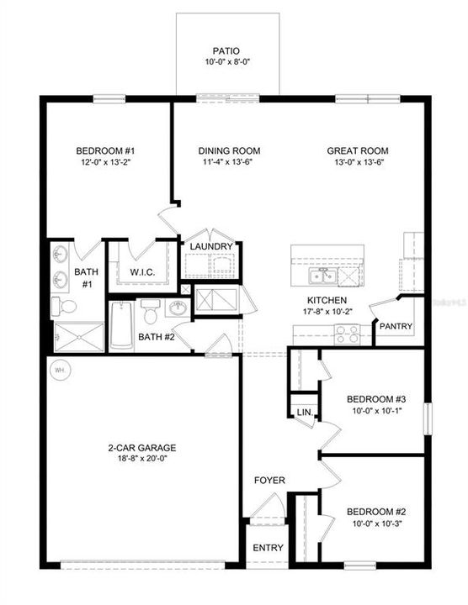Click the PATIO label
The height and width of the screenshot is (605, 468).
click(226, 50)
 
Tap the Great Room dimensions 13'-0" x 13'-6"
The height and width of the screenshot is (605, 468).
click(358, 163)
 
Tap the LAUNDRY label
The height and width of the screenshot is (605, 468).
click(210, 246)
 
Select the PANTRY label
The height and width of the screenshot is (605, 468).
click(395, 326)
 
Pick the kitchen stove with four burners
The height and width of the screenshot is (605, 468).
click(348, 334)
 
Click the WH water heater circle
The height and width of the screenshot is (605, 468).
click(60, 370)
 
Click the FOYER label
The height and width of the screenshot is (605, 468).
click(270, 481)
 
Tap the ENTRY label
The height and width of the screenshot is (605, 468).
click(269, 548)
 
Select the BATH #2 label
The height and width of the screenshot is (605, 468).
click(156, 337)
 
